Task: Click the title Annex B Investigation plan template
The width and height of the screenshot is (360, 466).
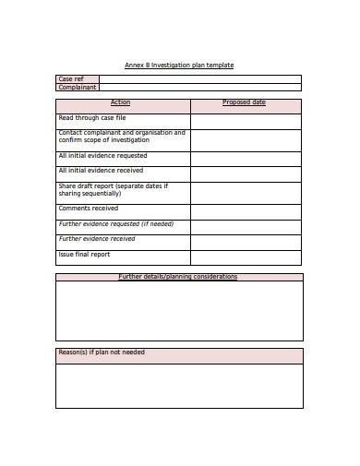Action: tap(179, 65)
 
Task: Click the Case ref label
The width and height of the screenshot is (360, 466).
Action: tap(71, 79)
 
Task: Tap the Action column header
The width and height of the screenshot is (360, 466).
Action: tap(121, 102)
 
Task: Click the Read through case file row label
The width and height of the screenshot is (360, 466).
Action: tap(92, 118)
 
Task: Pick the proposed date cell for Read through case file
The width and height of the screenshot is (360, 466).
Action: tap(245, 121)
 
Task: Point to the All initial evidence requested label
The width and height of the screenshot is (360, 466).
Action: tap(102, 156)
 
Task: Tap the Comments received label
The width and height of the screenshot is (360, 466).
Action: tap(89, 209)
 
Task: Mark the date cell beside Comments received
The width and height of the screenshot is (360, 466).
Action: tap(245, 211)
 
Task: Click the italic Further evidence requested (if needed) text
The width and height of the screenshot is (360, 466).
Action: tap(115, 224)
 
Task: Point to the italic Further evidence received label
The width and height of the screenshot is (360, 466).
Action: tap(97, 239)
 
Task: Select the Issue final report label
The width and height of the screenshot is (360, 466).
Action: tap(85, 254)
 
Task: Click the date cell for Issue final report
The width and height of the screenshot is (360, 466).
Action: tap(245, 257)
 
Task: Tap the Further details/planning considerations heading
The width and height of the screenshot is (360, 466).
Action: tap(178, 277)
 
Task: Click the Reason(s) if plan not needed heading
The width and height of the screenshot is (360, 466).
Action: tap(102, 352)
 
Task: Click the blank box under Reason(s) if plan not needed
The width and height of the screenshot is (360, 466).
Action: tap(179, 386)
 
